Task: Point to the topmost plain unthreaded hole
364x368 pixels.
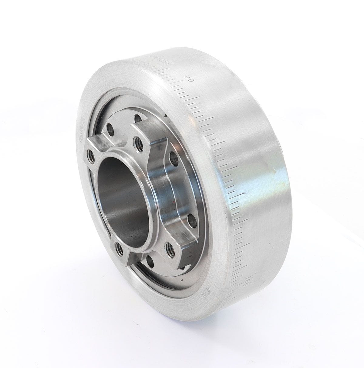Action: point(138,118)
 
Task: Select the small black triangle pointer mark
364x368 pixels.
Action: point(165,115)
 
